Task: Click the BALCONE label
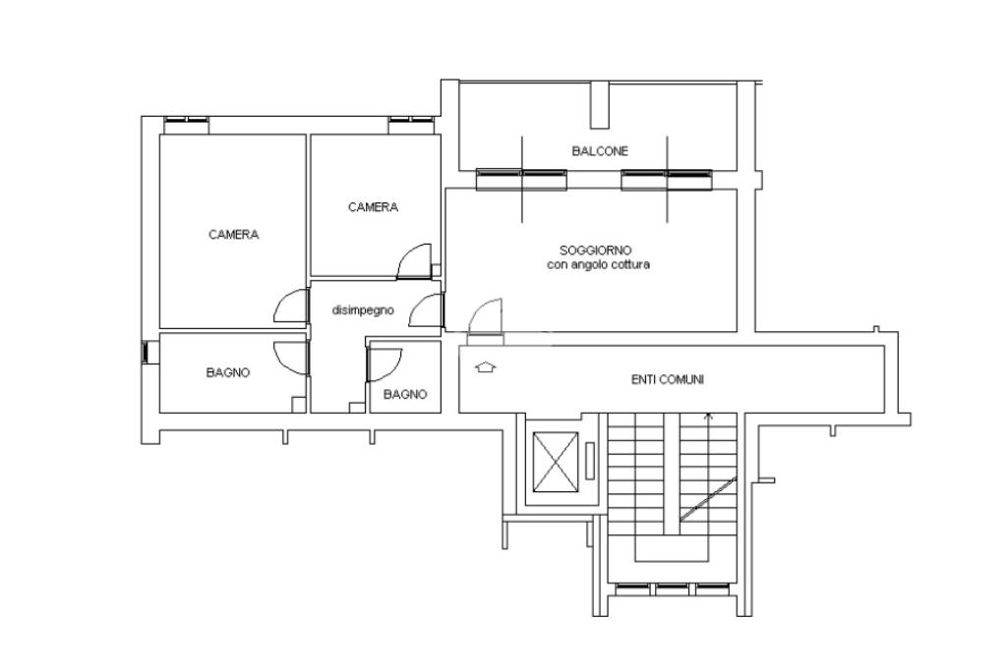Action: coord(600,151)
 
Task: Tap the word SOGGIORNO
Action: coord(595,251)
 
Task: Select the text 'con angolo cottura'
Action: coord(598,264)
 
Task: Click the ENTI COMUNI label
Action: coord(668,380)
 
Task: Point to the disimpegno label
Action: coord(363,310)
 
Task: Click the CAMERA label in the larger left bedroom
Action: coord(234,235)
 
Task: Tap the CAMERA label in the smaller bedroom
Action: coord(373,207)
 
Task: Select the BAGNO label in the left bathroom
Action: coord(228,372)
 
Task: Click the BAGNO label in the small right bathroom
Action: coord(405,395)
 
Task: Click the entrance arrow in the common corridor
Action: coord(486,366)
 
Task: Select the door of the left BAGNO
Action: coord(291,358)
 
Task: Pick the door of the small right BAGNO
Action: coord(384,364)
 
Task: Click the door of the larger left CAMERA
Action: coord(291,307)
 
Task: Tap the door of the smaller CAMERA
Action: coord(415,261)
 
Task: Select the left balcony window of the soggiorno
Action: coord(521,180)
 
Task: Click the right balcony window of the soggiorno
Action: coord(667,180)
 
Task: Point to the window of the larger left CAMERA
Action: coord(186,125)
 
